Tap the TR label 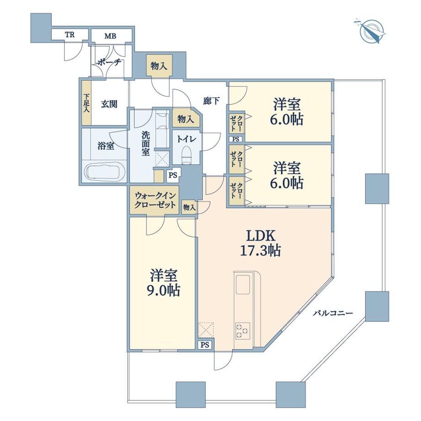69,35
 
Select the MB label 110,36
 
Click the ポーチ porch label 109,63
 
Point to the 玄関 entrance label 109,104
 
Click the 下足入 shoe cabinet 86,103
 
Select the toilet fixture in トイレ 186,155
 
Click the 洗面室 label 145,144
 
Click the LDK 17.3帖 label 260,243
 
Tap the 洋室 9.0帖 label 163,282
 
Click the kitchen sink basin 243,285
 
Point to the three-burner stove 243,331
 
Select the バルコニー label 332,313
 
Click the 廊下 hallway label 211,101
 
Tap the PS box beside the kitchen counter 205,345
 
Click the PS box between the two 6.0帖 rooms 236,140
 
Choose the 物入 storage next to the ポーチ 159,66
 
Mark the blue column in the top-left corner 41,27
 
